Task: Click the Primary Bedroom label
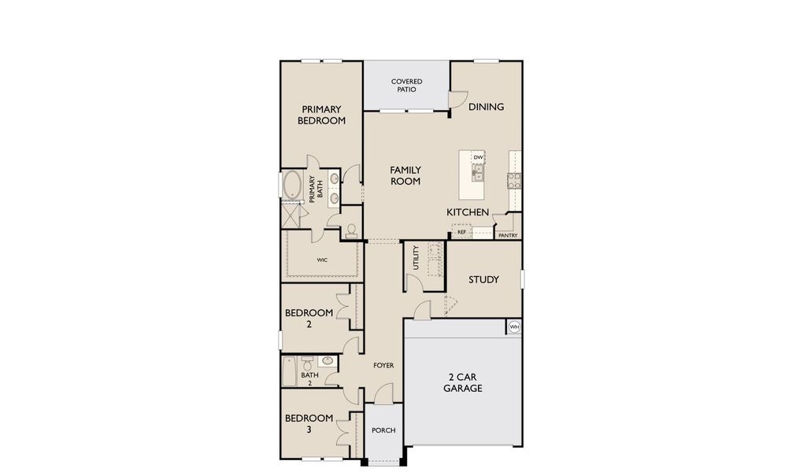321,115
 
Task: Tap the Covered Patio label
406,85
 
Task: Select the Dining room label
486,107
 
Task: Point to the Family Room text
405,175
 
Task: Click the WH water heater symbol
514,327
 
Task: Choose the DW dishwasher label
478,157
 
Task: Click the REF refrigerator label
462,233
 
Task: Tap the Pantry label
507,235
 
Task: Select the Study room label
483,279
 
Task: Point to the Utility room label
416,258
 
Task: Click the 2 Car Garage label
462,382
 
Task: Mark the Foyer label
383,365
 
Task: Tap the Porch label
383,430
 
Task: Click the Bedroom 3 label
309,424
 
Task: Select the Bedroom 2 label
309,318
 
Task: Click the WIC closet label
322,259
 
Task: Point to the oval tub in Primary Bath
293,186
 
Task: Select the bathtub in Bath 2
290,371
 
